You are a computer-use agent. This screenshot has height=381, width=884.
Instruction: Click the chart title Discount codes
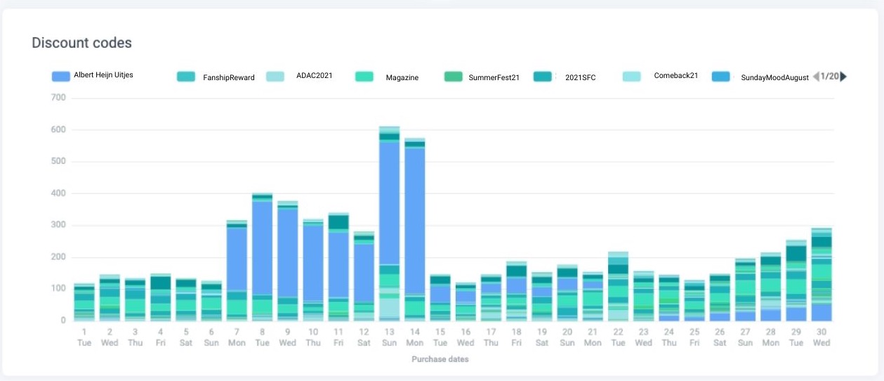[81, 43]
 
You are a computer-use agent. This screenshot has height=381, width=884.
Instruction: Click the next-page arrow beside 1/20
[843, 77]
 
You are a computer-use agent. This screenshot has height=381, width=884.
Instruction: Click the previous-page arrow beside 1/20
[816, 77]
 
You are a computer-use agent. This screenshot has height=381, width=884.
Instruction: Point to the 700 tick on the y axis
[58, 98]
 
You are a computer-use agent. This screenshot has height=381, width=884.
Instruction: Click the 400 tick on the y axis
[58, 193]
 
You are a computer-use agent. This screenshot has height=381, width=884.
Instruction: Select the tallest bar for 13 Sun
[389, 211]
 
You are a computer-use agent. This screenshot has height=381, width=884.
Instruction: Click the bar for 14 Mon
[414, 225]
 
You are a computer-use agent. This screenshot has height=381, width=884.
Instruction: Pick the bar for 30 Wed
[822, 274]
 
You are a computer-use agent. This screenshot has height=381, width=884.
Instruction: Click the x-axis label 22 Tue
[618, 337]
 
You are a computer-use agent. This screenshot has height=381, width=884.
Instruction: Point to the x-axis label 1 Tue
[84, 337]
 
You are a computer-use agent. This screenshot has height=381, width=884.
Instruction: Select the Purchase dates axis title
[440, 359]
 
